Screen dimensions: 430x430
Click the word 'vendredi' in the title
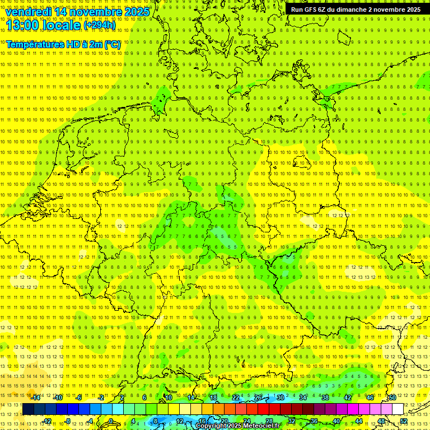coord(27,12)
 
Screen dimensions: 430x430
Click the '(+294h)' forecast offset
coord(100,25)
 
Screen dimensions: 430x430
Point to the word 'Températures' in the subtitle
coord(33,44)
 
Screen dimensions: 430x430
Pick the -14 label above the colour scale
coord(36,398)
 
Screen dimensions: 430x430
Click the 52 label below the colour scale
coord(404,421)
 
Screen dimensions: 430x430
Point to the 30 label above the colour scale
coord(281,398)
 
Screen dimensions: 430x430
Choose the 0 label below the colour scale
coord(111,421)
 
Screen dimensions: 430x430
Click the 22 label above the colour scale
coord(236,398)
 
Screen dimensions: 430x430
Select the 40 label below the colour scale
coord(336,421)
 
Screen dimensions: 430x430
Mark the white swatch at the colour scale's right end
coord(398,409)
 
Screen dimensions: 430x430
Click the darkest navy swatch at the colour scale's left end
coord(28,409)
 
